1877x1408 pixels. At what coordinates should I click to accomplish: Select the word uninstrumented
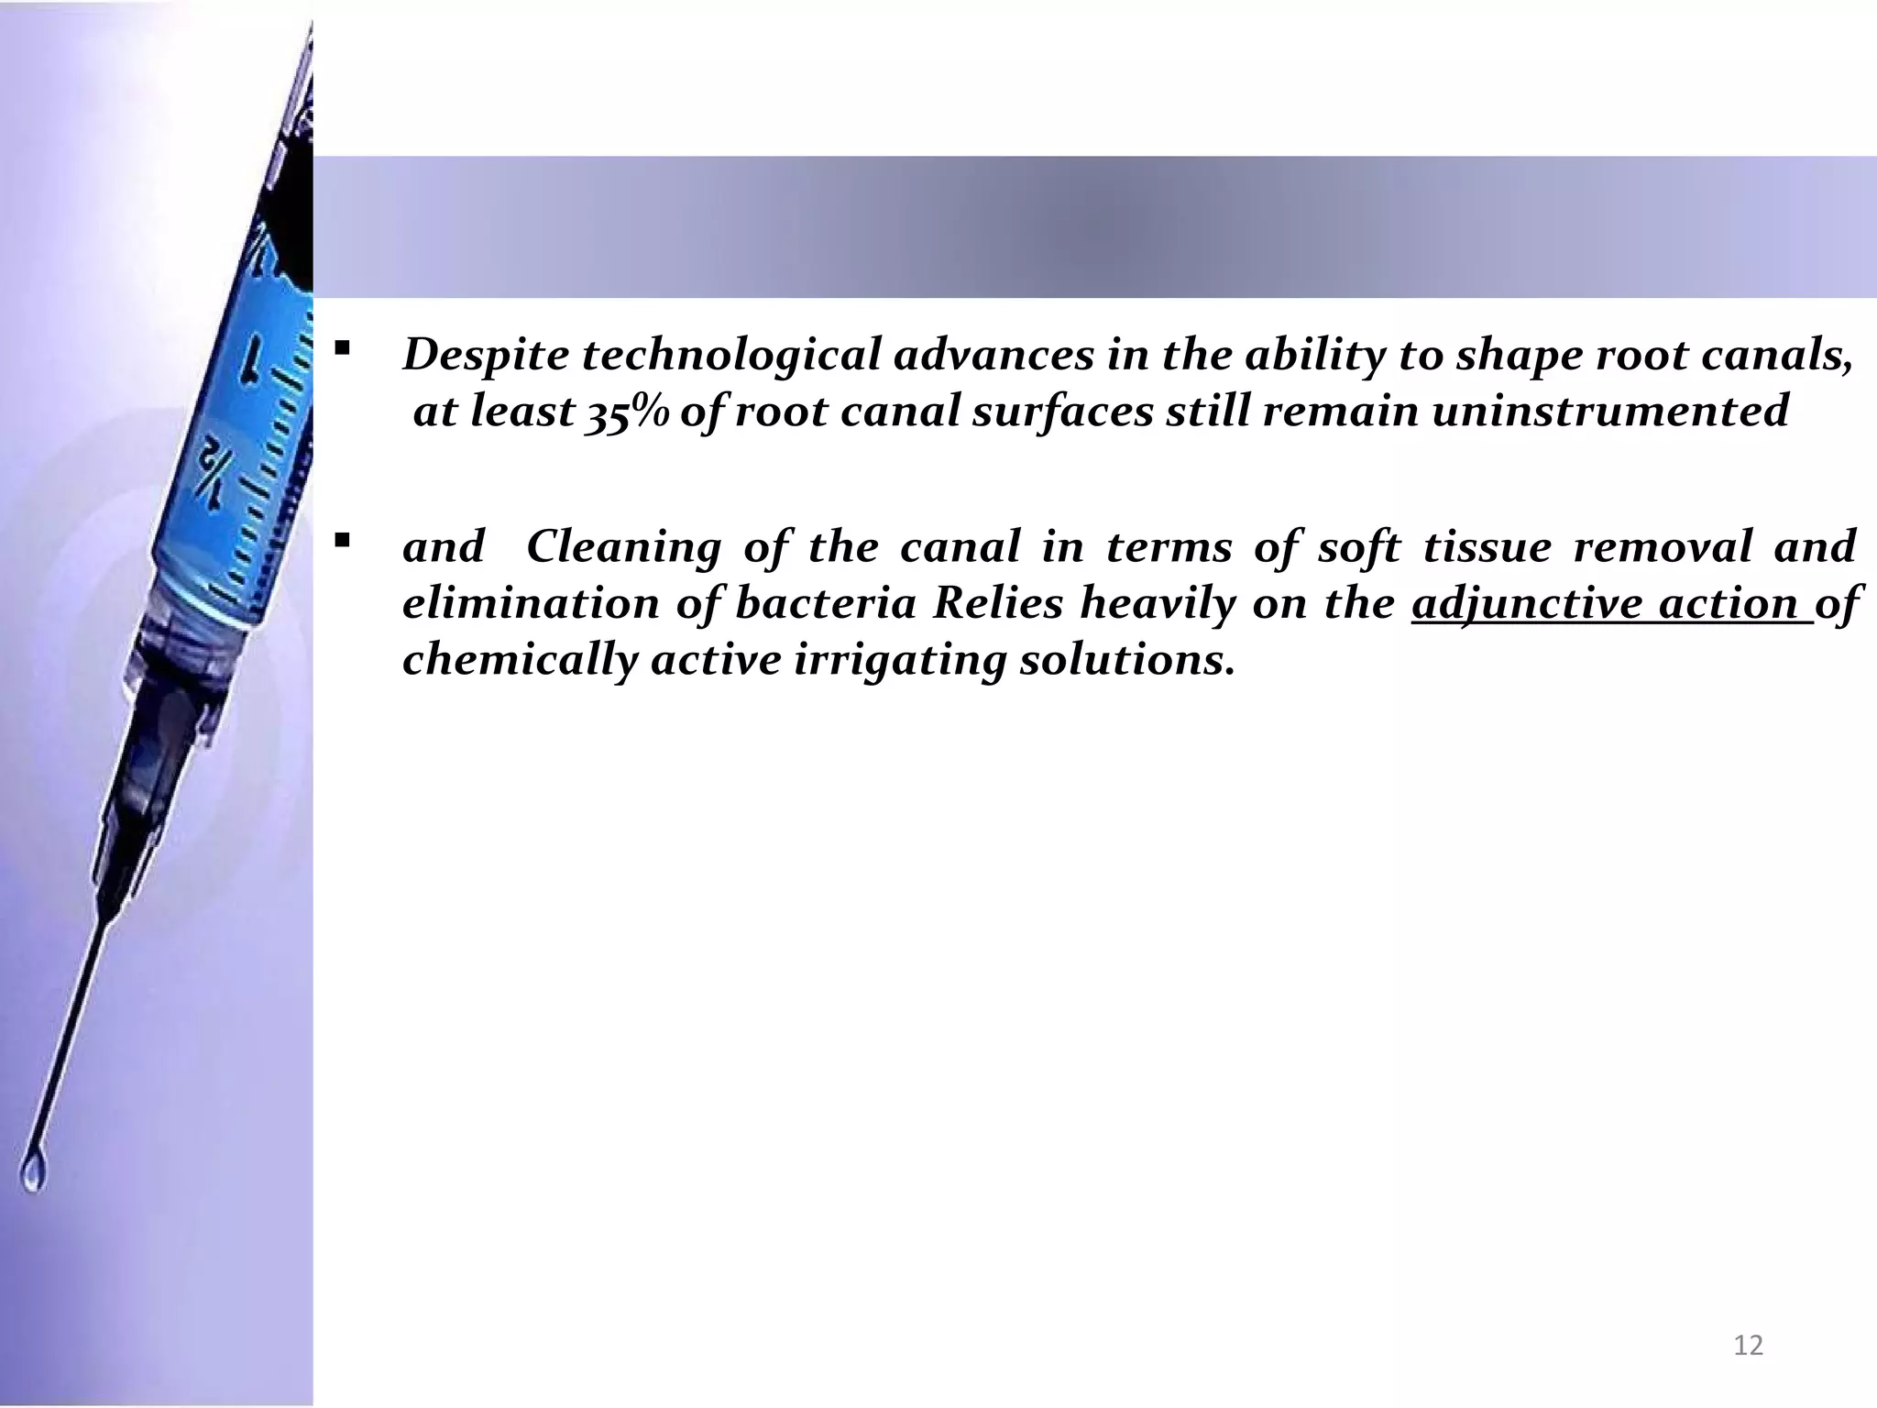coord(1609,411)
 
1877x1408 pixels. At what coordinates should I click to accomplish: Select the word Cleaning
coord(623,547)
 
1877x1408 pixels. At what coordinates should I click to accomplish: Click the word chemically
coord(519,660)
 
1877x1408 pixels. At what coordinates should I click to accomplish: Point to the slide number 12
coord(1749,1346)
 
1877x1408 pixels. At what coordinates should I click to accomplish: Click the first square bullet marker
coord(342,348)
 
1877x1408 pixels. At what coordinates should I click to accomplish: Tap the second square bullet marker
coord(342,541)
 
